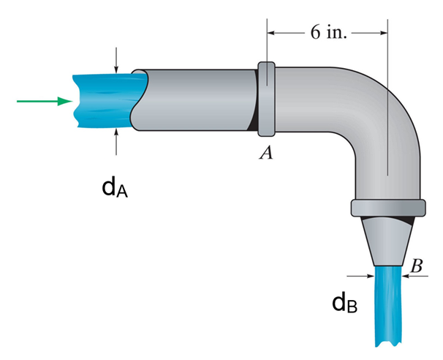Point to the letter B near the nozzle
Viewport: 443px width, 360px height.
click(417, 266)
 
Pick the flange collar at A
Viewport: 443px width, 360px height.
click(266, 99)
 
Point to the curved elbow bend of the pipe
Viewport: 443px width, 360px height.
click(380, 110)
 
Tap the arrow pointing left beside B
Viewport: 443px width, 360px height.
click(414, 276)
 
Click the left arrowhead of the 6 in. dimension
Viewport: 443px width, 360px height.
click(273, 33)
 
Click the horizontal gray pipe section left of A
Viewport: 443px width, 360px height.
click(197, 100)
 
